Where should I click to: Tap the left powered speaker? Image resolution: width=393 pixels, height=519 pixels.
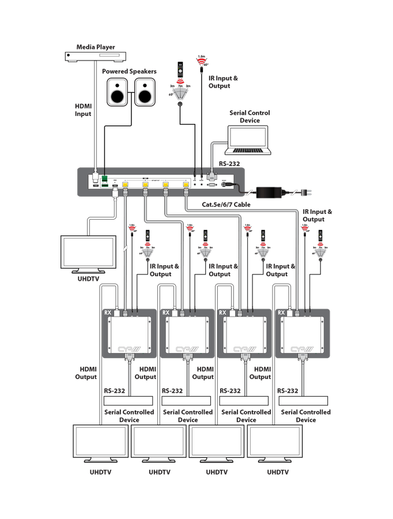118,91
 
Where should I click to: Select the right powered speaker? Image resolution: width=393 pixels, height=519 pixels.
145,91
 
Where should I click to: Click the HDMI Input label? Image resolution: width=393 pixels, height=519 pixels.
83,110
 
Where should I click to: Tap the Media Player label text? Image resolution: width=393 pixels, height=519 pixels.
96,47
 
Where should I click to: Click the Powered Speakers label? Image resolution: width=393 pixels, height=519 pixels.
129,72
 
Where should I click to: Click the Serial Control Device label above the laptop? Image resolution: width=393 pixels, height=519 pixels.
250,116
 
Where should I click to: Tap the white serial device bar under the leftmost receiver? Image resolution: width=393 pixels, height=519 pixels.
128,401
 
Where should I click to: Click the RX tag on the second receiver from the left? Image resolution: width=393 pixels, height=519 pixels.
165,313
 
